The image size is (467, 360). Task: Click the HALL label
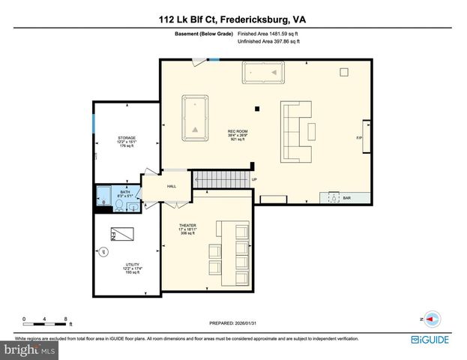pyautogui.click(x=171, y=186)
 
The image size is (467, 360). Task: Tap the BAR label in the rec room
pyautogui.click(x=346, y=198)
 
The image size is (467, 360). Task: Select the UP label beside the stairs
pyautogui.click(x=254, y=180)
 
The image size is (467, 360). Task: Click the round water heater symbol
pyautogui.click(x=104, y=251)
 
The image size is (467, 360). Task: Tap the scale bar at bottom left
pyautogui.click(x=46, y=321)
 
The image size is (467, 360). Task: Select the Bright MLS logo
pyautogui.click(x=30, y=349)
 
